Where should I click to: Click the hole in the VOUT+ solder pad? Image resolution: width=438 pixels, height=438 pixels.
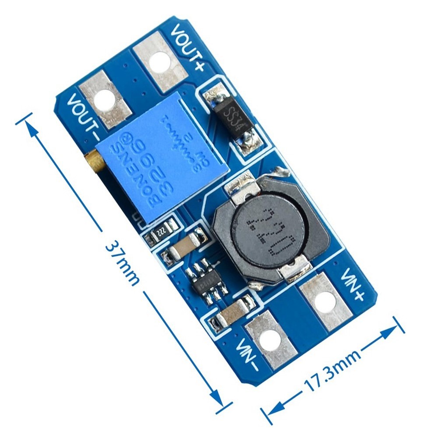[x=159, y=62]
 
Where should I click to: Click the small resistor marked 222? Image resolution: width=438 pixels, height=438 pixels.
[x=162, y=230]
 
